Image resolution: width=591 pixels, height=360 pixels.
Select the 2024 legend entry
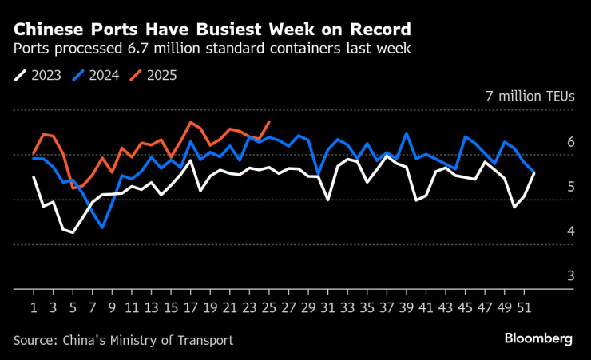pyautogui.click(x=96, y=76)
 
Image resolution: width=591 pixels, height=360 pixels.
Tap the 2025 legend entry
pyautogui.click(x=153, y=76)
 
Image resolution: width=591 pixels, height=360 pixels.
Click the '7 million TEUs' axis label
pyautogui.click(x=530, y=96)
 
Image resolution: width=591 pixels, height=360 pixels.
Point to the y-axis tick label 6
pyautogui.click(x=570, y=141)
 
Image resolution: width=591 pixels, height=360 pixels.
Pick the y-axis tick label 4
pyautogui.click(x=570, y=231)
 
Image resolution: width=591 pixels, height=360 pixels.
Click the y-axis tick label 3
pyautogui.click(x=570, y=275)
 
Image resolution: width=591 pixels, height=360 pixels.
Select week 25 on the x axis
pyautogui.click(x=268, y=306)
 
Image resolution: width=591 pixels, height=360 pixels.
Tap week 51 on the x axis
pyautogui.click(x=523, y=306)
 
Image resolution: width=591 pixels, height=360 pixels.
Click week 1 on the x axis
pyautogui.click(x=34, y=306)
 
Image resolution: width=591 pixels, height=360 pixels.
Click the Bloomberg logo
pyautogui.click(x=538, y=339)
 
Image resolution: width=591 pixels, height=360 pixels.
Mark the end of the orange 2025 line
pyautogui.click(x=269, y=122)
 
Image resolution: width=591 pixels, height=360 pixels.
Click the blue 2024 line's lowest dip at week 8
pyautogui.click(x=102, y=227)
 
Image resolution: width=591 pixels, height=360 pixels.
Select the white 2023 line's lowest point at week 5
pyautogui.click(x=73, y=232)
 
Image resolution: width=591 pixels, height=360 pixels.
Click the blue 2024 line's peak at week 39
pyautogui.click(x=407, y=133)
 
